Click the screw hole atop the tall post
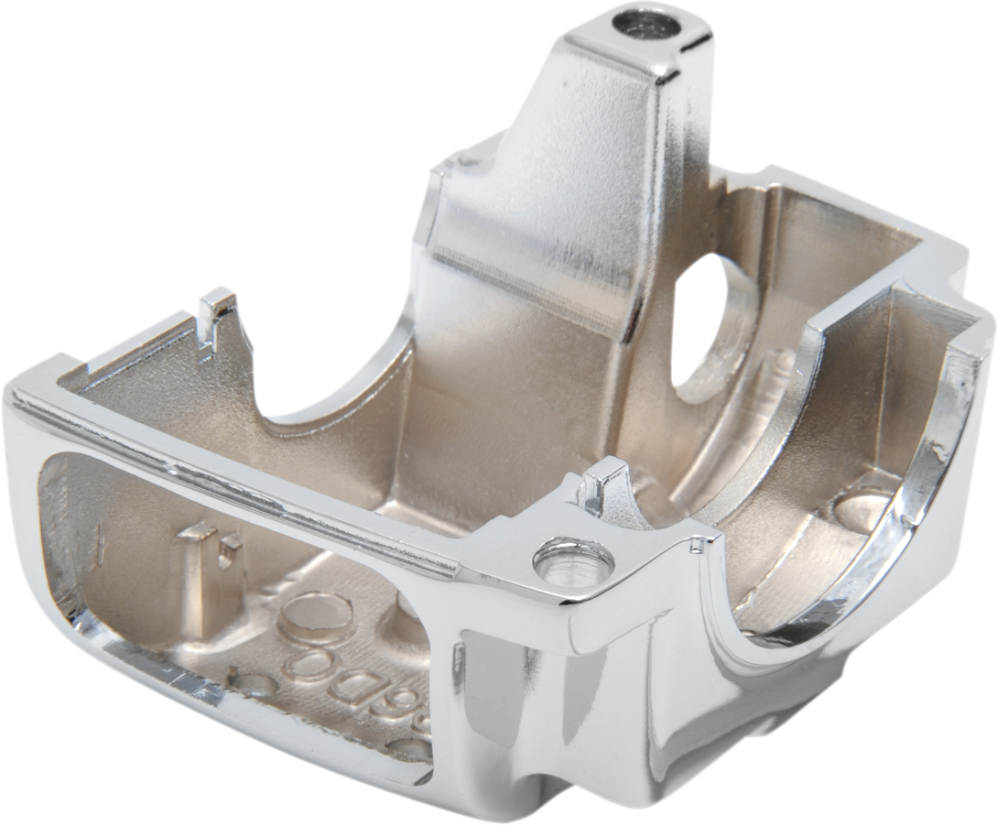pyautogui.click(x=652, y=23)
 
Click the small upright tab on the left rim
pyautogui.click(x=216, y=316)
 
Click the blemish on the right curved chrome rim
pyautogui.click(x=936, y=449)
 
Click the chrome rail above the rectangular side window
pyautogui.click(x=229, y=449)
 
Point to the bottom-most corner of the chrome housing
pyautogui.click(x=540, y=806)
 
